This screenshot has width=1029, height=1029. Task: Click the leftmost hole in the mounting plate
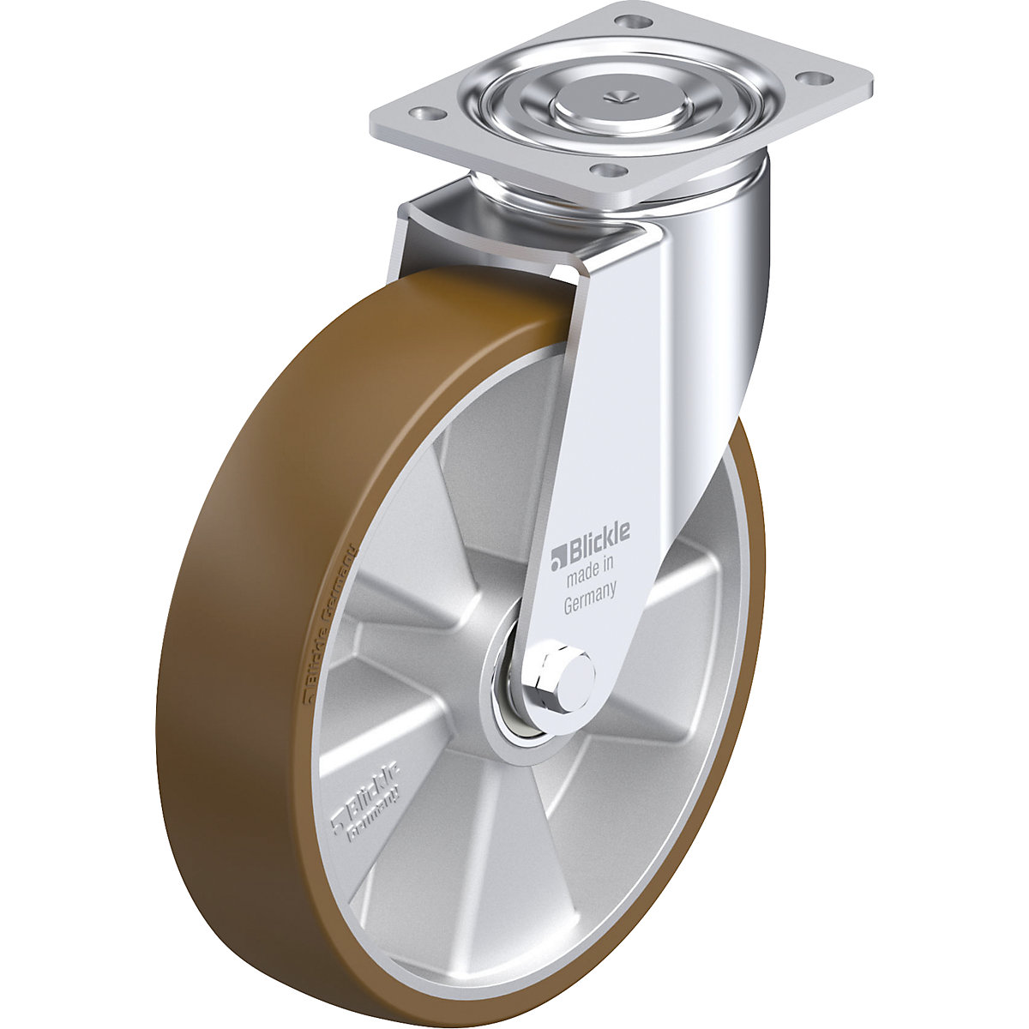pyautogui.click(x=420, y=113)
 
